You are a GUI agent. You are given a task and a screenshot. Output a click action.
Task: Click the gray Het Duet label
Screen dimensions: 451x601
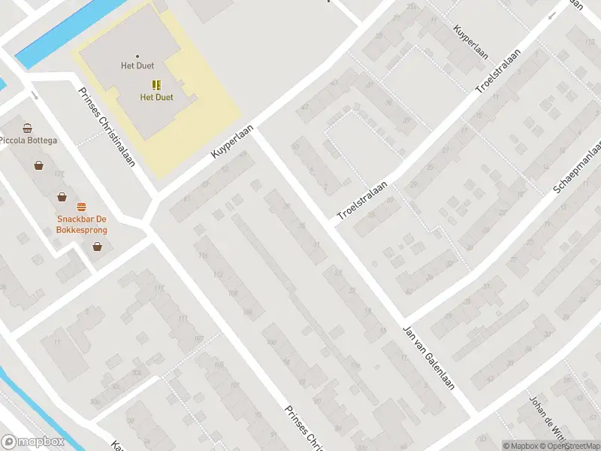137,66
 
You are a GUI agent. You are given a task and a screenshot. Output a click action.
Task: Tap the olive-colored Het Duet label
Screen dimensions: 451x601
156,98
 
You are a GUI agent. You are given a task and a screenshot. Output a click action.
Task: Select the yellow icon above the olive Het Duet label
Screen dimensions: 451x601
156,85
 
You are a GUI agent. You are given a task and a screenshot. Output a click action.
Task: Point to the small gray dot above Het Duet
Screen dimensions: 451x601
137,56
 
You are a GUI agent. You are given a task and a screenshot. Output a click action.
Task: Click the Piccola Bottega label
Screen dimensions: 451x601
28,141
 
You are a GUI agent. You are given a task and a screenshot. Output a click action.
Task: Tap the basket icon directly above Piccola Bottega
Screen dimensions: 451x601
28,128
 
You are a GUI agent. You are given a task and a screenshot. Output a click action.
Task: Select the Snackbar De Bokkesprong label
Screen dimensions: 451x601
82,225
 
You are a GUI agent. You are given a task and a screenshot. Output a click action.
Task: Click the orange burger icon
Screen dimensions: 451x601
81,206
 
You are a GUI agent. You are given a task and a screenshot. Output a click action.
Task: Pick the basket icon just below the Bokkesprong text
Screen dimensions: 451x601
97,245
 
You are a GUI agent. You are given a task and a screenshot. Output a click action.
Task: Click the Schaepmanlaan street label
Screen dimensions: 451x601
577,169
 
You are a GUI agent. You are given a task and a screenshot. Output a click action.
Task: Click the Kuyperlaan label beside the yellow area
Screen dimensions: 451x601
230,142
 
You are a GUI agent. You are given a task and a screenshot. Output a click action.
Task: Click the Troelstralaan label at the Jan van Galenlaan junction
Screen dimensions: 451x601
362,201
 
